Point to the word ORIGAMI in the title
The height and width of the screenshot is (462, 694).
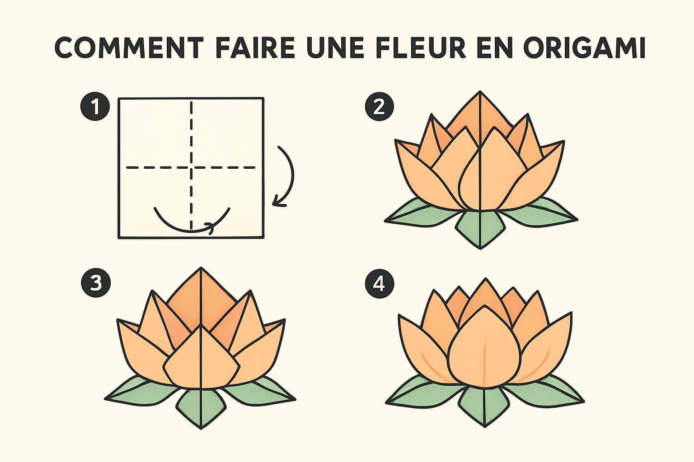click(584, 48)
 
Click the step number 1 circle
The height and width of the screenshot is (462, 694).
click(95, 107)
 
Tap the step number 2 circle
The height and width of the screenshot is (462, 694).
click(379, 107)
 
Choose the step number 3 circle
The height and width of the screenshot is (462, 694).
click(95, 283)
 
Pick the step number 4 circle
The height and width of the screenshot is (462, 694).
click(379, 283)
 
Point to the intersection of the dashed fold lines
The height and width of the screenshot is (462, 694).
click(192, 168)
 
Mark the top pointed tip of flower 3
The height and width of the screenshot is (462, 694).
click(201, 269)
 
